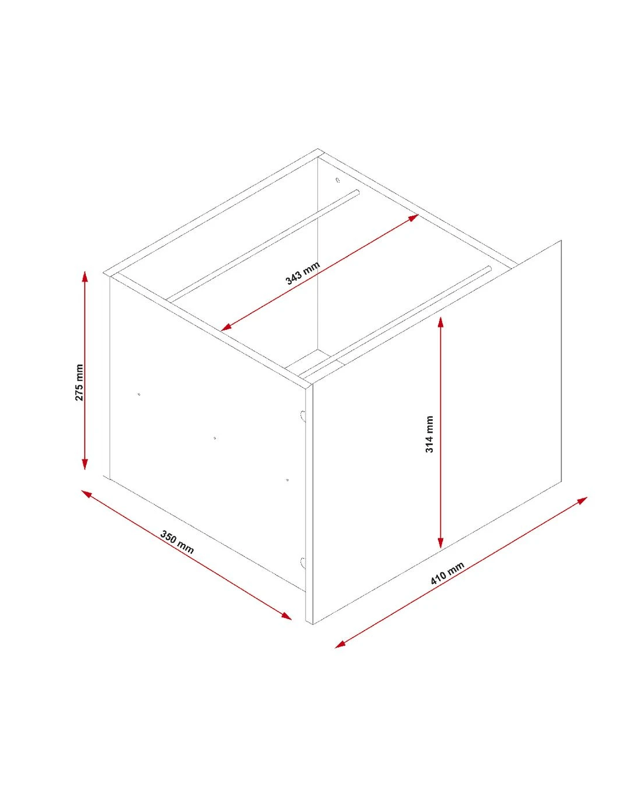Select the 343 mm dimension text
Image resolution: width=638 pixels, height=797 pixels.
303,272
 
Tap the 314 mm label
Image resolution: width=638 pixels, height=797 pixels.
429,434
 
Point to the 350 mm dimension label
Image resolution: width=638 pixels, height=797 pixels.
177,542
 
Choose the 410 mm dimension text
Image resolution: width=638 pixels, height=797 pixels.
447,573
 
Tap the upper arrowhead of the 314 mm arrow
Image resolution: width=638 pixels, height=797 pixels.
440,323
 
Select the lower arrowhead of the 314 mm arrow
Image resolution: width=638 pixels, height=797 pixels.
440,543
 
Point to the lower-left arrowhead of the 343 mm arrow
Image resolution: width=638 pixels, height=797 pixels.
226,327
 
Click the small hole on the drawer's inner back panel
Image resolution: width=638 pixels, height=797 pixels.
338,180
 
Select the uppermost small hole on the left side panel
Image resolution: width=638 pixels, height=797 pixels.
139,394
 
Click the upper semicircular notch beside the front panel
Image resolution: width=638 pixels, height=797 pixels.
302,416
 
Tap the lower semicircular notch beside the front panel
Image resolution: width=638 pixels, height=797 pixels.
302,563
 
